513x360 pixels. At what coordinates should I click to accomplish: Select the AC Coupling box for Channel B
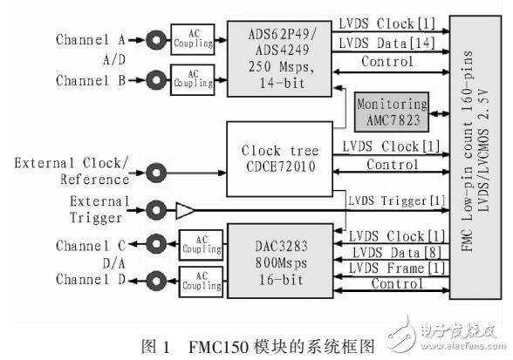coord(192,82)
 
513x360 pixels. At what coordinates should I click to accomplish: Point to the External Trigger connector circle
coord(158,209)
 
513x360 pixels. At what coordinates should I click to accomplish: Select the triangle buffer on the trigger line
coord(185,209)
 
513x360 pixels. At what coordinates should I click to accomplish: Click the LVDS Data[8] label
coord(386,251)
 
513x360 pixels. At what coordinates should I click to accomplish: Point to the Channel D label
coord(91,279)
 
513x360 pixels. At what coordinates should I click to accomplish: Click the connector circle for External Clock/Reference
coord(158,171)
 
